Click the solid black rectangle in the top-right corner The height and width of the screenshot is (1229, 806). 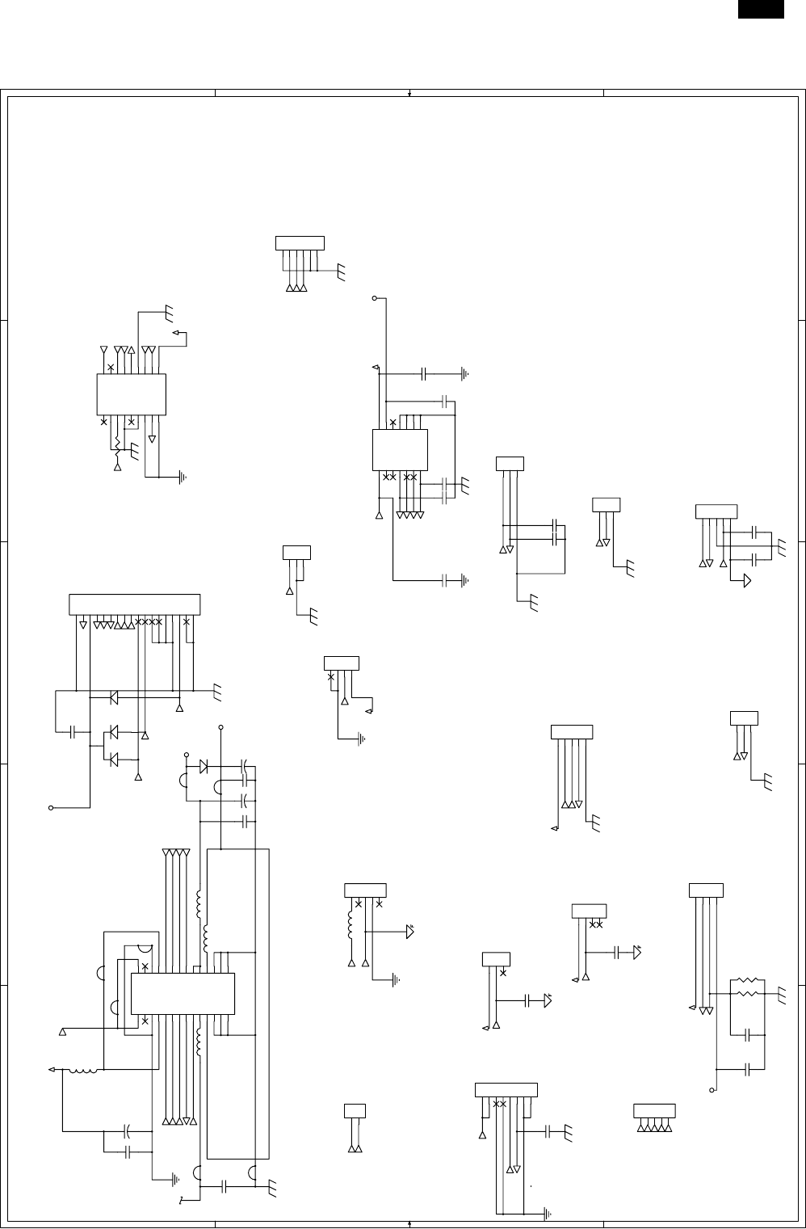pyautogui.click(x=760, y=8)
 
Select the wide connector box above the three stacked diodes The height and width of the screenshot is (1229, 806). pyautogui.click(x=134, y=604)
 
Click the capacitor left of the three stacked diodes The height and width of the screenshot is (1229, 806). pyautogui.click(x=73, y=732)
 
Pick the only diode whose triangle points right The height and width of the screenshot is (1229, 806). pyautogui.click(x=204, y=764)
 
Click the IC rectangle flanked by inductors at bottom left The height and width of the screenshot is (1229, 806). pyautogui.click(x=183, y=994)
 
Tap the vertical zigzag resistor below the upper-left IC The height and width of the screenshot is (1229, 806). pyautogui.click(x=118, y=444)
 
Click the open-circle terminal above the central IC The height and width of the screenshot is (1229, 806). pyautogui.click(x=375, y=299)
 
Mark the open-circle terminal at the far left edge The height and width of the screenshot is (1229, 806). pyautogui.click(x=51, y=807)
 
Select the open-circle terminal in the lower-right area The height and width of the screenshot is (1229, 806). pyautogui.click(x=712, y=1090)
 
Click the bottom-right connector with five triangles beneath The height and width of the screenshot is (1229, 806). pyautogui.click(x=654, y=1110)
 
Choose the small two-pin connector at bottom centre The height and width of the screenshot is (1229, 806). pyautogui.click(x=355, y=1110)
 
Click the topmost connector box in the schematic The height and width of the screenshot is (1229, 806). pyautogui.click(x=300, y=242)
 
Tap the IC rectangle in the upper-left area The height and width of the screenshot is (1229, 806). pyautogui.click(x=131, y=394)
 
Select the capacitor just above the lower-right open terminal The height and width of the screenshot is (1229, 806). pyautogui.click(x=749, y=1068)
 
